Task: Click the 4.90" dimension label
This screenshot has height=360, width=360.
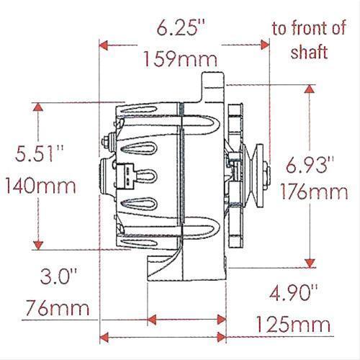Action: click(293, 292)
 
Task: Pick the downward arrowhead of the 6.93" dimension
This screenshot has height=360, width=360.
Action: click(310, 262)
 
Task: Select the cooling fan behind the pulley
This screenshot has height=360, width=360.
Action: click(234, 176)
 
